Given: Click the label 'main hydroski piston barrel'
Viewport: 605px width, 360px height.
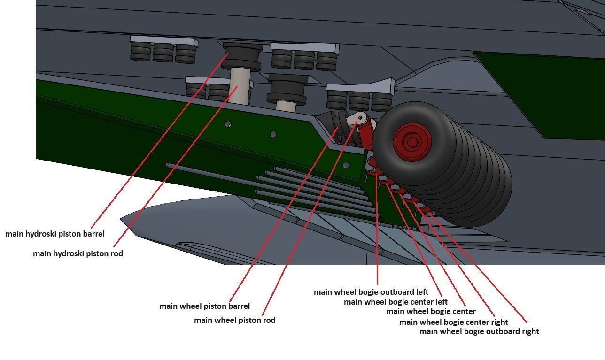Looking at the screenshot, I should (55, 234).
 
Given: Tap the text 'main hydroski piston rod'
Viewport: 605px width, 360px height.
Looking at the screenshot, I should (78, 253).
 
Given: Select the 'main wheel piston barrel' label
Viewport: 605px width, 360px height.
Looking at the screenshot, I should (204, 306).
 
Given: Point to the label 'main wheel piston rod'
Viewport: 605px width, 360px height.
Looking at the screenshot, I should (234, 320).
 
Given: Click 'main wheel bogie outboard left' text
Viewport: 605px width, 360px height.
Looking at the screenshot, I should (371, 292).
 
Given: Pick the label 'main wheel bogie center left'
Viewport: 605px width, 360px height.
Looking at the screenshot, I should (396, 302).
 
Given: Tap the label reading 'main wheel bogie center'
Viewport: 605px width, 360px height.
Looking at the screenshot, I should (431, 311).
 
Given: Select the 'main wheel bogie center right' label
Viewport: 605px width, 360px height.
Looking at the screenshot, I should (453, 322).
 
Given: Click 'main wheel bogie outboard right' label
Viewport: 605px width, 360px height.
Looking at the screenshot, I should (479, 331).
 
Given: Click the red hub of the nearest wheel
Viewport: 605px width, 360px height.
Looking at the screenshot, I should (412, 141).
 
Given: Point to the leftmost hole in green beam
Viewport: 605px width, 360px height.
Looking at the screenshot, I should (228, 124).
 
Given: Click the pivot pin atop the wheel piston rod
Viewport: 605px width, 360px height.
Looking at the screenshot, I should (360, 118).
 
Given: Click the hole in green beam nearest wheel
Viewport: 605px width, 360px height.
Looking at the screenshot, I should (345, 165).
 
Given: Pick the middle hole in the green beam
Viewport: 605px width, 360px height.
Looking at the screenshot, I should (273, 134).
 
